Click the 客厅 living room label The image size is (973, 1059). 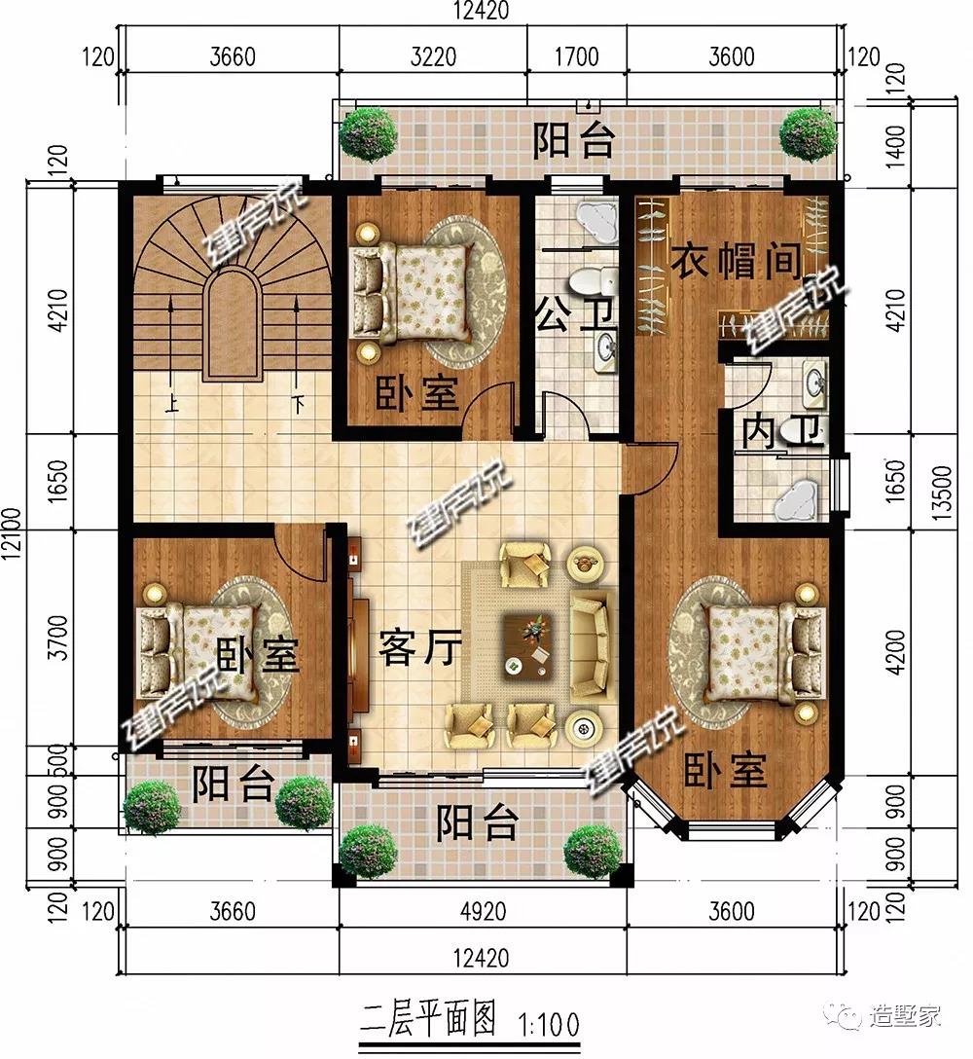(x=420, y=647)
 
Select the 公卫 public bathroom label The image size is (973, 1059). (x=575, y=316)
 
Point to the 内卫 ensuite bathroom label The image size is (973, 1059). (x=782, y=432)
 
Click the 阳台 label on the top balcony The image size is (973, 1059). (x=574, y=140)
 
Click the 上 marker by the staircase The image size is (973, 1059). (x=172, y=405)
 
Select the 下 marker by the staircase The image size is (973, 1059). (x=298, y=405)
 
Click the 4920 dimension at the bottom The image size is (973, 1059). (x=483, y=912)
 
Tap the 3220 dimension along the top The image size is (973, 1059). (x=434, y=56)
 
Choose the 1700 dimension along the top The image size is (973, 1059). (x=577, y=56)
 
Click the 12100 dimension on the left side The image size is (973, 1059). (x=12, y=533)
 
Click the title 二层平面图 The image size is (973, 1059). (x=428, y=1020)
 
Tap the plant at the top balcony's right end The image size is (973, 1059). (x=808, y=135)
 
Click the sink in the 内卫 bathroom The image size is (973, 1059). (x=814, y=385)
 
